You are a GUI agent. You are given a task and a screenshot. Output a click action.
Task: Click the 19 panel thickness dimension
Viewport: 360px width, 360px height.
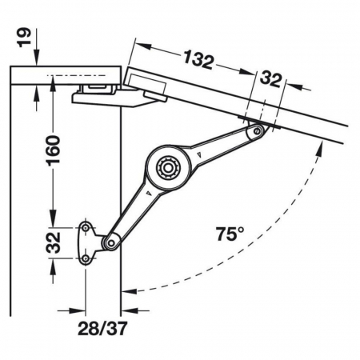(24, 38)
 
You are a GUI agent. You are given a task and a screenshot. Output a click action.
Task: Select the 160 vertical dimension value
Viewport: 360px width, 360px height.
(54, 150)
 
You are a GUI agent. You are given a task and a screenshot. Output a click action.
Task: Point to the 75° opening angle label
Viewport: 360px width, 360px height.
(230, 234)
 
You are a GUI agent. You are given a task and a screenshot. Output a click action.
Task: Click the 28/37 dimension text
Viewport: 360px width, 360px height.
(102, 328)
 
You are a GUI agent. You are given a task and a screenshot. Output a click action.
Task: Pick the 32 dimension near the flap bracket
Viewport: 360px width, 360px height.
(270, 79)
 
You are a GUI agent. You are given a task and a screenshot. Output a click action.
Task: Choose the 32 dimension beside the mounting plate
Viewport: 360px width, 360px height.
(53, 242)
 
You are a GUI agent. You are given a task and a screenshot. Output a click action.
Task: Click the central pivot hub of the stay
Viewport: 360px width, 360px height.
(168, 168)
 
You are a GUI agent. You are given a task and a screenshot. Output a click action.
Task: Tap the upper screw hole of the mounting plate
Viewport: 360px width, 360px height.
(86, 228)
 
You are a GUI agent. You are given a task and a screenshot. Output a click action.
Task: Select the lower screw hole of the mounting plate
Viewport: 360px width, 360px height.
(86, 258)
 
